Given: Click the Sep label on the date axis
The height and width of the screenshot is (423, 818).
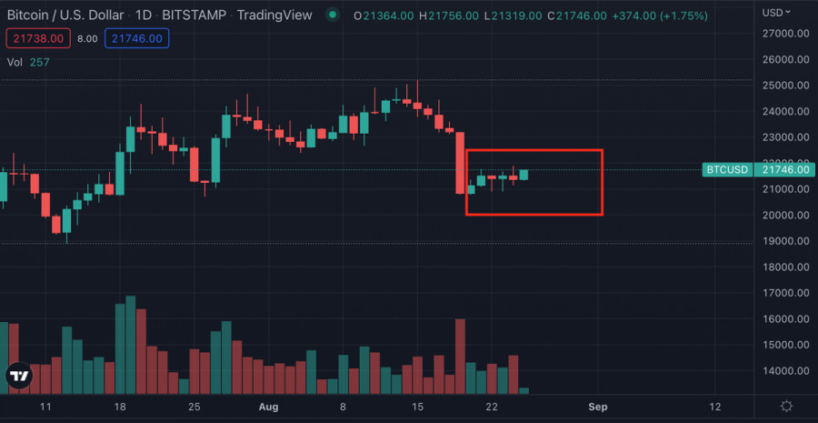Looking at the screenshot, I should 597,406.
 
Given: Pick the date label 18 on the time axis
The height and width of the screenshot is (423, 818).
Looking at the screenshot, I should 119,406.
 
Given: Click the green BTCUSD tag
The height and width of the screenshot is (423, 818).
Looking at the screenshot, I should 728,170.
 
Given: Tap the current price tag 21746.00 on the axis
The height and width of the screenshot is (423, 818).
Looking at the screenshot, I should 785,170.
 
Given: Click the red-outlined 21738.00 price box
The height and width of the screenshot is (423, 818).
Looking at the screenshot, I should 35,38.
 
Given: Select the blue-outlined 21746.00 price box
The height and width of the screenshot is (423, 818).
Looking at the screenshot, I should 135,38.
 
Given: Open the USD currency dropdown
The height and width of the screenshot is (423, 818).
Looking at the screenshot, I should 776,13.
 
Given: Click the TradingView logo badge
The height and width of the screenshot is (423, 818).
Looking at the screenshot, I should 17,375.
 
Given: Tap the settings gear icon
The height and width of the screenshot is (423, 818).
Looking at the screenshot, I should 786,406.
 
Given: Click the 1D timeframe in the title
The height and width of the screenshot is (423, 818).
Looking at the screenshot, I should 145,15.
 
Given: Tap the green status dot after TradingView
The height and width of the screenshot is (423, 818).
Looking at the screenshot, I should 334,15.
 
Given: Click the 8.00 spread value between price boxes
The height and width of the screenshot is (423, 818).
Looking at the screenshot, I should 88,38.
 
